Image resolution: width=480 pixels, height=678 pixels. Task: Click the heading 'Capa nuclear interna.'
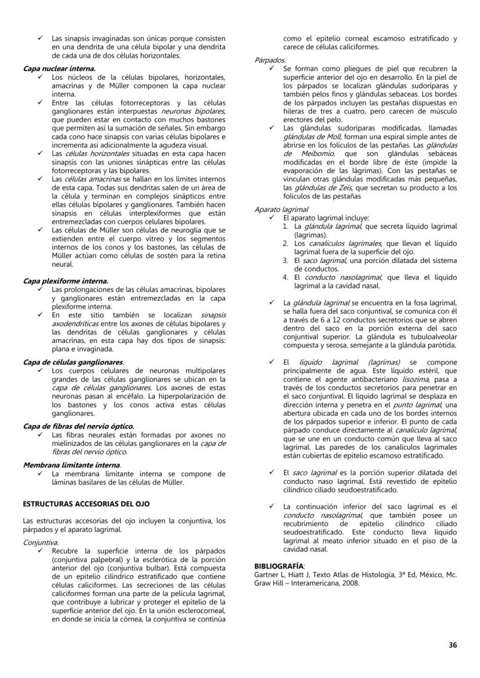pyautogui.click(x=59, y=68)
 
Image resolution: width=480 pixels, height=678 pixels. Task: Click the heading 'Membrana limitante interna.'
pyautogui.click(x=72, y=465)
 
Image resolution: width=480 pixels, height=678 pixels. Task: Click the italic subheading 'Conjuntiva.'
pyautogui.click(x=41, y=543)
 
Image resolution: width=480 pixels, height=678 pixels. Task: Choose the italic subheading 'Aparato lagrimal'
pyautogui.click(x=281, y=210)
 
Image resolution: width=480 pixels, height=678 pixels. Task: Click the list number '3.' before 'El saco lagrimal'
pyautogui.click(x=286, y=261)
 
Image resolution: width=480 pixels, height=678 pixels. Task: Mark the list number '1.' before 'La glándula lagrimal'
pyautogui.click(x=286, y=226)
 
